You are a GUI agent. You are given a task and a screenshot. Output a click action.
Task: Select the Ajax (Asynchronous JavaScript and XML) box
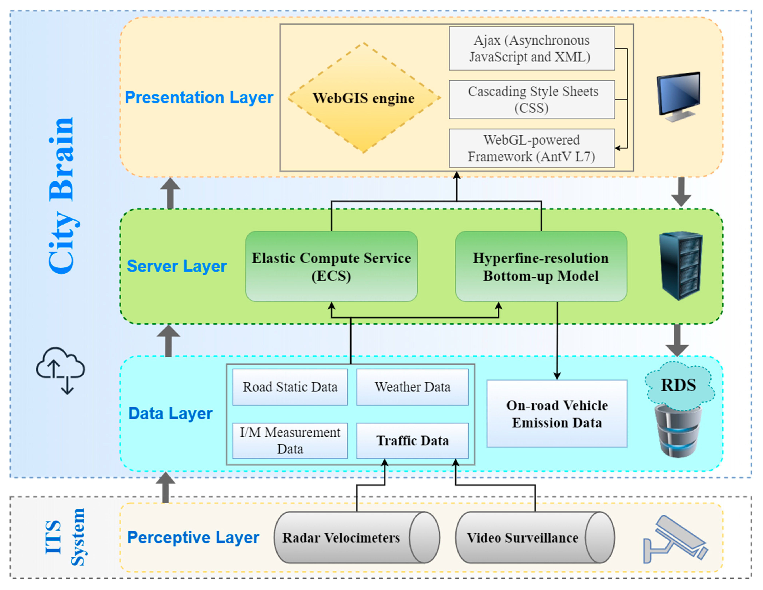[x=532, y=49]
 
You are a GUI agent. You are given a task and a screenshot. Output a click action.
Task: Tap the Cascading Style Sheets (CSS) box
[x=532, y=99]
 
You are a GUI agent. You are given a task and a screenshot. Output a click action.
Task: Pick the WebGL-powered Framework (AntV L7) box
[x=532, y=148]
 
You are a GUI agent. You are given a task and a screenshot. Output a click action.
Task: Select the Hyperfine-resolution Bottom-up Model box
[x=541, y=266]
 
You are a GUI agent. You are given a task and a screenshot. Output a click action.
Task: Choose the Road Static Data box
[x=290, y=387]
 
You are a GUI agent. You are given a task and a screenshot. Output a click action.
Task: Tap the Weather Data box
[x=412, y=387]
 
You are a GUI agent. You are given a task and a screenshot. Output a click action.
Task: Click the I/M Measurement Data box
[x=290, y=441]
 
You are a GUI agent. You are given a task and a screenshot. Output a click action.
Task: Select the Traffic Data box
[x=412, y=441]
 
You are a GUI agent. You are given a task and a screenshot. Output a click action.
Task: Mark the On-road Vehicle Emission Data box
[x=557, y=414]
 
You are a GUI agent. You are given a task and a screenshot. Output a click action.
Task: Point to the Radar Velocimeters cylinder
[x=356, y=538]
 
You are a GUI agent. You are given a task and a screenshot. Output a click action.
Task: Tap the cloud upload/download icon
[x=60, y=370]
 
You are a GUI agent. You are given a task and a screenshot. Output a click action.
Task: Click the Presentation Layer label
[x=199, y=97]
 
